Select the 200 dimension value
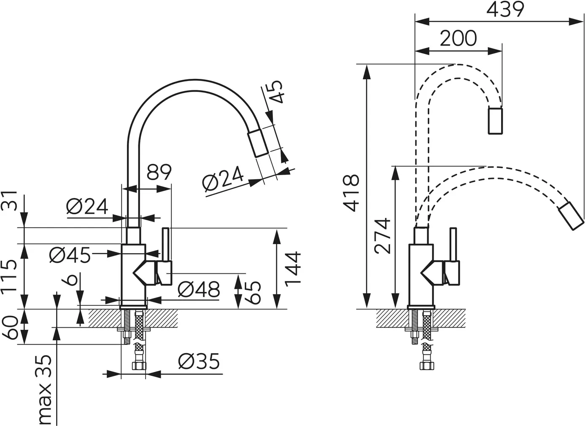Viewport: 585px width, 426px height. click(x=458, y=39)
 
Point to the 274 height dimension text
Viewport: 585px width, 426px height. click(x=383, y=236)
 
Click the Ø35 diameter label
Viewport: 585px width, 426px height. click(x=199, y=361)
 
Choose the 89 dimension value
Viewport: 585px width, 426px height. click(x=159, y=172)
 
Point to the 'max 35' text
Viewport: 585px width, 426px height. click(x=44, y=389)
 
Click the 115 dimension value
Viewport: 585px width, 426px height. click(x=9, y=276)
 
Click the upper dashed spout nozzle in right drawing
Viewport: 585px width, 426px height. click(x=496, y=121)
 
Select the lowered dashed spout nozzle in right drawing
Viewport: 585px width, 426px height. click(x=571, y=216)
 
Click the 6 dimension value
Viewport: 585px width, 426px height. click(x=72, y=279)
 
